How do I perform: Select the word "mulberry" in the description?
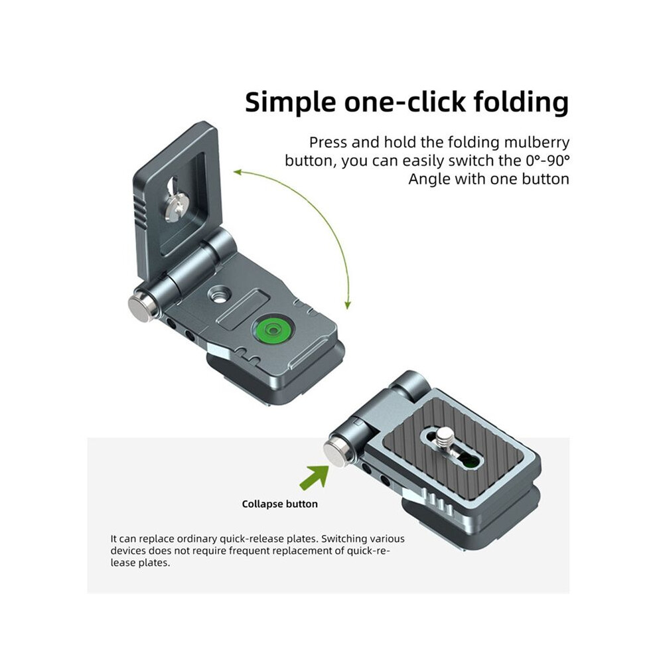(x=537, y=143)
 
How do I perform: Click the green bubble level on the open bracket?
(x=273, y=330)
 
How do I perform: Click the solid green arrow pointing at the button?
(x=315, y=476)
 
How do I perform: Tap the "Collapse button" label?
(x=280, y=504)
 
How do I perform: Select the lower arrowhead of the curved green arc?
(x=347, y=305)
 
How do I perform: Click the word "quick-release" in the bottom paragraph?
(x=259, y=539)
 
